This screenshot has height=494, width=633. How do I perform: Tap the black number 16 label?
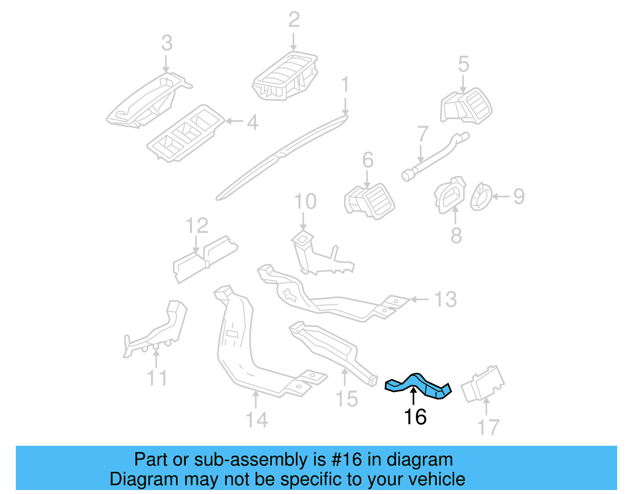(x=415, y=417)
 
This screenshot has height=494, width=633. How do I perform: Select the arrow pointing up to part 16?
(x=413, y=396)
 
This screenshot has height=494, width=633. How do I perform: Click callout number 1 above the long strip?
(x=345, y=85)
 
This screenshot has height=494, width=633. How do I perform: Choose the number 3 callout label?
(x=167, y=43)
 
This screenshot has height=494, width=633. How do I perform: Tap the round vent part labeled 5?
(x=467, y=106)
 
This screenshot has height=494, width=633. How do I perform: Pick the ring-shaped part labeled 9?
(x=481, y=197)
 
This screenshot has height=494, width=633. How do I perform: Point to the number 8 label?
(x=456, y=235)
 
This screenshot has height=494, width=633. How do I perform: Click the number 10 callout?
(x=305, y=202)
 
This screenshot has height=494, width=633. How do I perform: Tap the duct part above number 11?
(x=158, y=328)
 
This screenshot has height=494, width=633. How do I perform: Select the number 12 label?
(x=197, y=226)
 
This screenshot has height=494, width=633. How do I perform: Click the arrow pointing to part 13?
(x=419, y=299)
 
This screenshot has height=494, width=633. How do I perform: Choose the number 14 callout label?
(x=256, y=420)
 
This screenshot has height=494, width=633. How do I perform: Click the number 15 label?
(x=347, y=399)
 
